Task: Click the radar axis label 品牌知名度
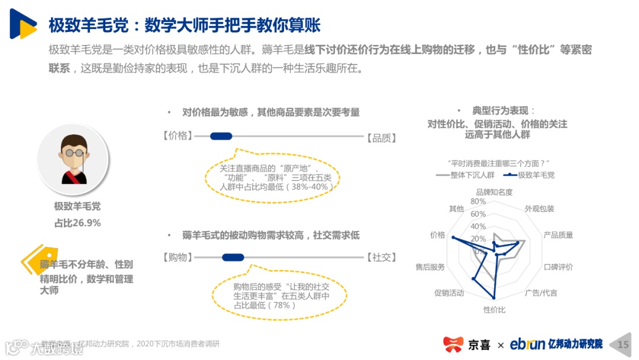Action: point(494,192)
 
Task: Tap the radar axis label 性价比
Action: point(494,309)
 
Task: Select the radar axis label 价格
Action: point(438,234)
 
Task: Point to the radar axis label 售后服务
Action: point(430,267)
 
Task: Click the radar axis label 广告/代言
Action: point(541,292)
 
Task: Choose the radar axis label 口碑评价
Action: point(558,267)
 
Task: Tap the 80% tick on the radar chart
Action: point(477,201)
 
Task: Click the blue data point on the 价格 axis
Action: point(453,238)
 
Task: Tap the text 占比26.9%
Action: point(78,223)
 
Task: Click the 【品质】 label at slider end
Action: point(381,137)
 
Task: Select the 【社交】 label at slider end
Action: point(381,257)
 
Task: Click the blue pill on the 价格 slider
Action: point(221,136)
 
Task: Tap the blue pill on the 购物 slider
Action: point(233,257)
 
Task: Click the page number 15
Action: point(623,344)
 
